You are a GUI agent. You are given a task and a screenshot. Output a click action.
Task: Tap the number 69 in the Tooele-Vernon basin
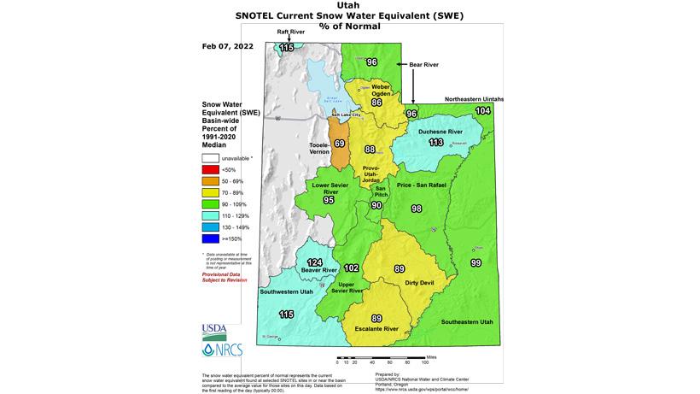tap(340, 144)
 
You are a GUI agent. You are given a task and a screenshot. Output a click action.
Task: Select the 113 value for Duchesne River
tap(436, 143)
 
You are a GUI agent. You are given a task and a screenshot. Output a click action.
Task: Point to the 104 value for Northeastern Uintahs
tap(483, 111)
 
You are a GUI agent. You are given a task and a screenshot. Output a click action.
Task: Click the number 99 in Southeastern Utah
tap(476, 262)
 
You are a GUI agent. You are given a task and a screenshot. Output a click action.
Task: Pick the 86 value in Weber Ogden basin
tap(376, 103)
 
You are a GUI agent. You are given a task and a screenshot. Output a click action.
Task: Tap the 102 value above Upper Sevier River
tap(351, 268)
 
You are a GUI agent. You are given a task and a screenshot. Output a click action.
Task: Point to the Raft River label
tap(290, 32)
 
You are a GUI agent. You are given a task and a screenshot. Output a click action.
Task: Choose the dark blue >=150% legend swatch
tap(209, 241)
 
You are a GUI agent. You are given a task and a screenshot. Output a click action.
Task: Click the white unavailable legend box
tap(209, 157)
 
